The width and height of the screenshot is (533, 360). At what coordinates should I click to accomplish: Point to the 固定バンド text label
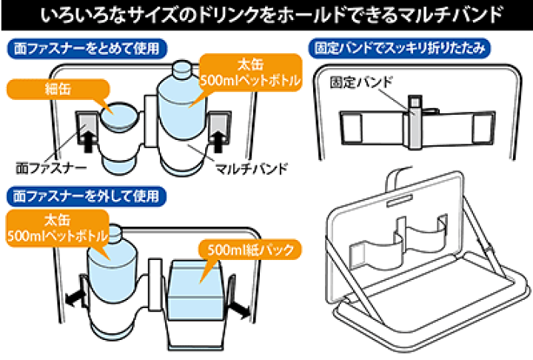tap(361, 81)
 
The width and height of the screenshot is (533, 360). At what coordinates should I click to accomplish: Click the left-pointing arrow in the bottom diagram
tap(73, 298)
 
